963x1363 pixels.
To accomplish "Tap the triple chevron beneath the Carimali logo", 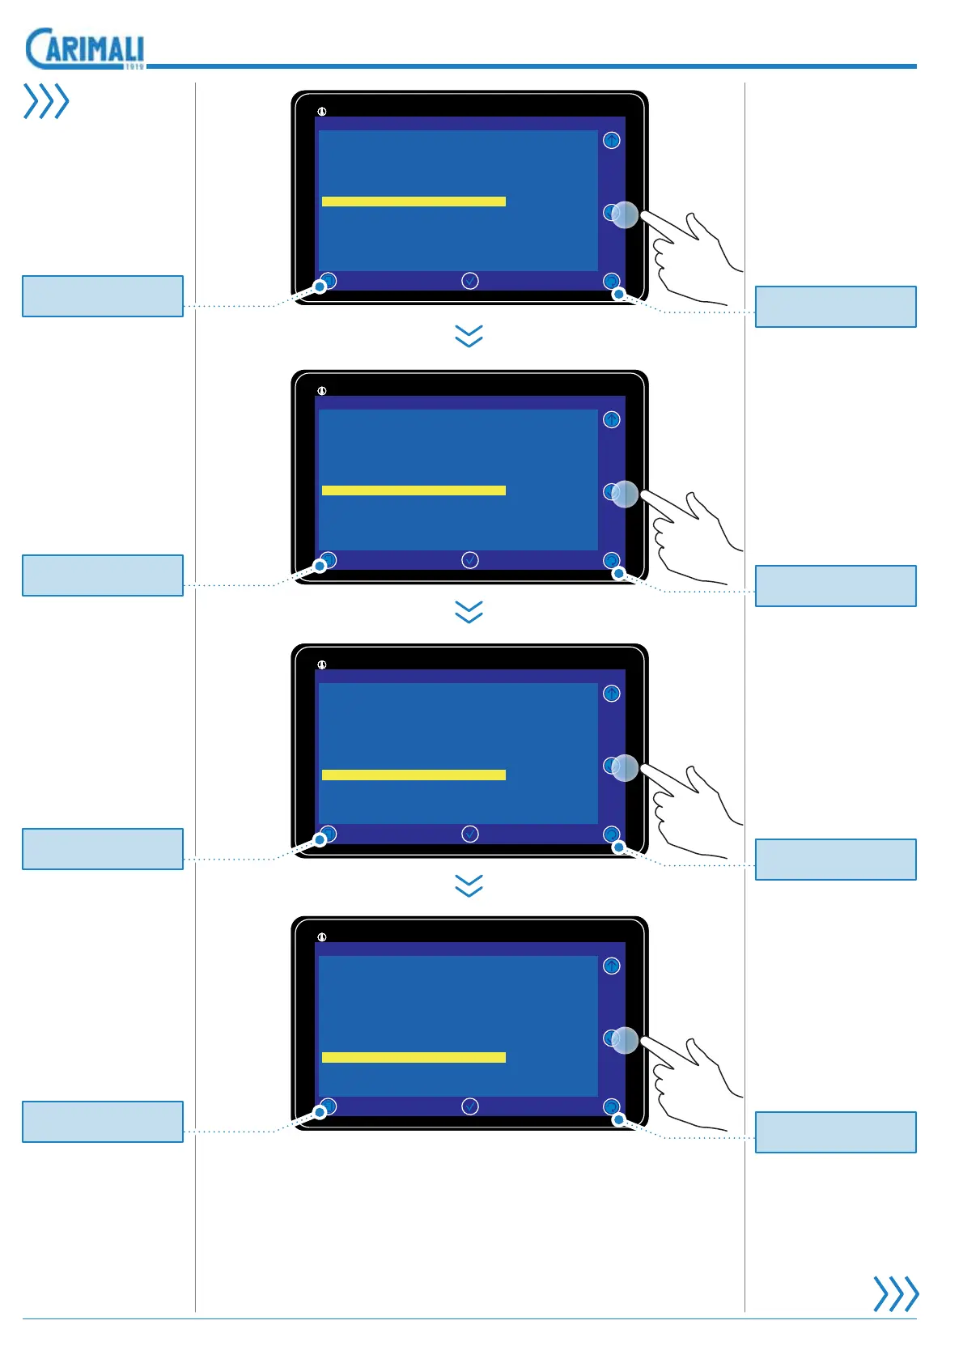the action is (x=46, y=101).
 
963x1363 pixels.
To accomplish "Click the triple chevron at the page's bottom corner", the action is (x=896, y=1293).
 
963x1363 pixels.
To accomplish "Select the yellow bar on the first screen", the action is (x=414, y=202).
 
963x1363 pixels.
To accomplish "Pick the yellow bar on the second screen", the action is (x=414, y=490).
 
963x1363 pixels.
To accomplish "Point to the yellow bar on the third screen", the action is (x=414, y=775).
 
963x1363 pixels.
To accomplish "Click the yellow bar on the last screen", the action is (x=414, y=1057).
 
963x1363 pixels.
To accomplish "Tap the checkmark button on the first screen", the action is (x=470, y=281).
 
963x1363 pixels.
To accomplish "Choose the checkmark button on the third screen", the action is (x=470, y=834).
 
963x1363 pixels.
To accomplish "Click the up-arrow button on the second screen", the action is (x=612, y=419).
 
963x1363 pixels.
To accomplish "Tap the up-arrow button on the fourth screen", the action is (x=612, y=966).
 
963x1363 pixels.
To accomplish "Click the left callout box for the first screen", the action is (x=103, y=296).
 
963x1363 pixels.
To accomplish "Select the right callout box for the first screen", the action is (x=835, y=307).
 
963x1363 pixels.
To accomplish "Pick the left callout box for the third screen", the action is (x=103, y=849).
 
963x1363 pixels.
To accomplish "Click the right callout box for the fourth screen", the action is (x=835, y=1132).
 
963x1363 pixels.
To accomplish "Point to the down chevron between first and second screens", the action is (x=469, y=336).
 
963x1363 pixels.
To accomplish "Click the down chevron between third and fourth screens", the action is (x=469, y=885).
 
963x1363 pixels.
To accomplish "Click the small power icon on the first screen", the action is (x=322, y=112).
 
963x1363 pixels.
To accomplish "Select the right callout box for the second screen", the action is (x=835, y=586).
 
